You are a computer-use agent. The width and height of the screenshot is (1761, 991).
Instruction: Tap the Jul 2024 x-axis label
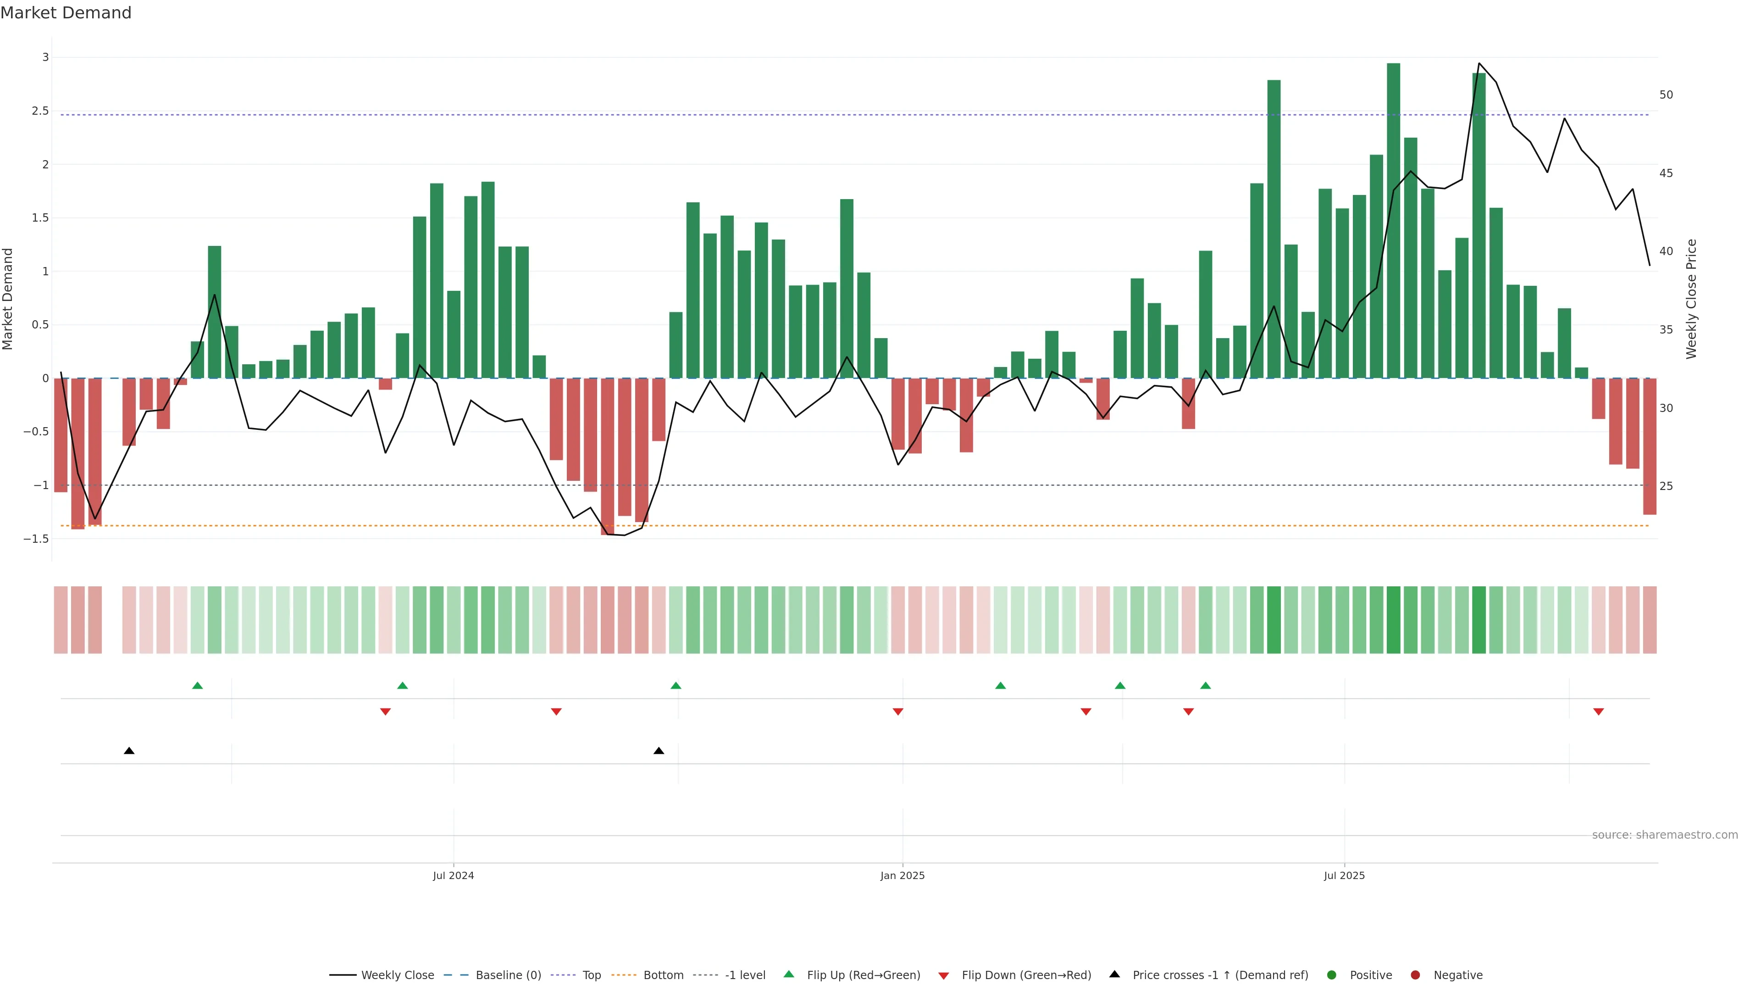coord(453,875)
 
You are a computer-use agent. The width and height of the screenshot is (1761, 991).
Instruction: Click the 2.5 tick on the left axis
coord(40,111)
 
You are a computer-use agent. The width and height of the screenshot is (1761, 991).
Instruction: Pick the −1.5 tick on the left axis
coord(36,539)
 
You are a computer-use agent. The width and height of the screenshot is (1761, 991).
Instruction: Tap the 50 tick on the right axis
coord(1666,95)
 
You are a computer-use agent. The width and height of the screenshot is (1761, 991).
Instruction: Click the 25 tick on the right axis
coord(1666,486)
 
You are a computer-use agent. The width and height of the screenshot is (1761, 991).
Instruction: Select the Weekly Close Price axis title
coord(1691,299)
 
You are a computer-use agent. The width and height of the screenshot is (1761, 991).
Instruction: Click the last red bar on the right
coord(1649,446)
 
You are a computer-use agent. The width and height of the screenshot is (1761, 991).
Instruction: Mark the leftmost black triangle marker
coord(129,751)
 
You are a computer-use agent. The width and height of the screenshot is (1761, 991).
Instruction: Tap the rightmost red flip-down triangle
coord(1598,712)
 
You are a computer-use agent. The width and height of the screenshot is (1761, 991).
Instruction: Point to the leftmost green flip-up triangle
coord(198,685)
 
